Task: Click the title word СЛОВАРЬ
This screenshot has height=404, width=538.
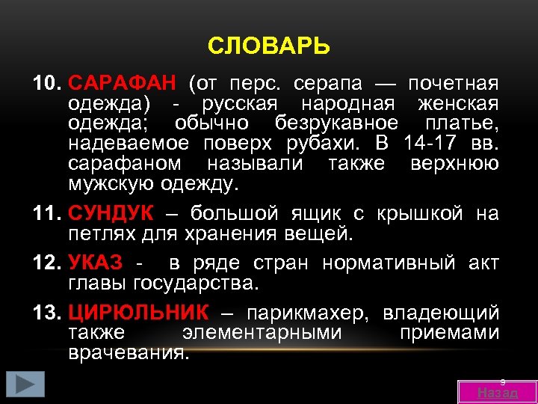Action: pyautogui.click(x=268, y=47)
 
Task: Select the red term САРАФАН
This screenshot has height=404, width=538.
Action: pyautogui.click(x=122, y=82)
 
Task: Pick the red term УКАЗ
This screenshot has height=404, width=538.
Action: pyautogui.click(x=96, y=263)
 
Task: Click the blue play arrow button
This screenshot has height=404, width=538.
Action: pyautogui.click(x=25, y=385)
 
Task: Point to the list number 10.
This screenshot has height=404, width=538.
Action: pyautogui.click(x=47, y=82)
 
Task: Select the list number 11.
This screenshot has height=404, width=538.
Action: pyautogui.click(x=47, y=213)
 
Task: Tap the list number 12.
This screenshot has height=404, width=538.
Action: pyautogui.click(x=47, y=263)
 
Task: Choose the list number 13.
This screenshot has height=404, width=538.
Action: pyautogui.click(x=47, y=313)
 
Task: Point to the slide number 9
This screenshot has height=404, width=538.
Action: pyautogui.click(x=504, y=381)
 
